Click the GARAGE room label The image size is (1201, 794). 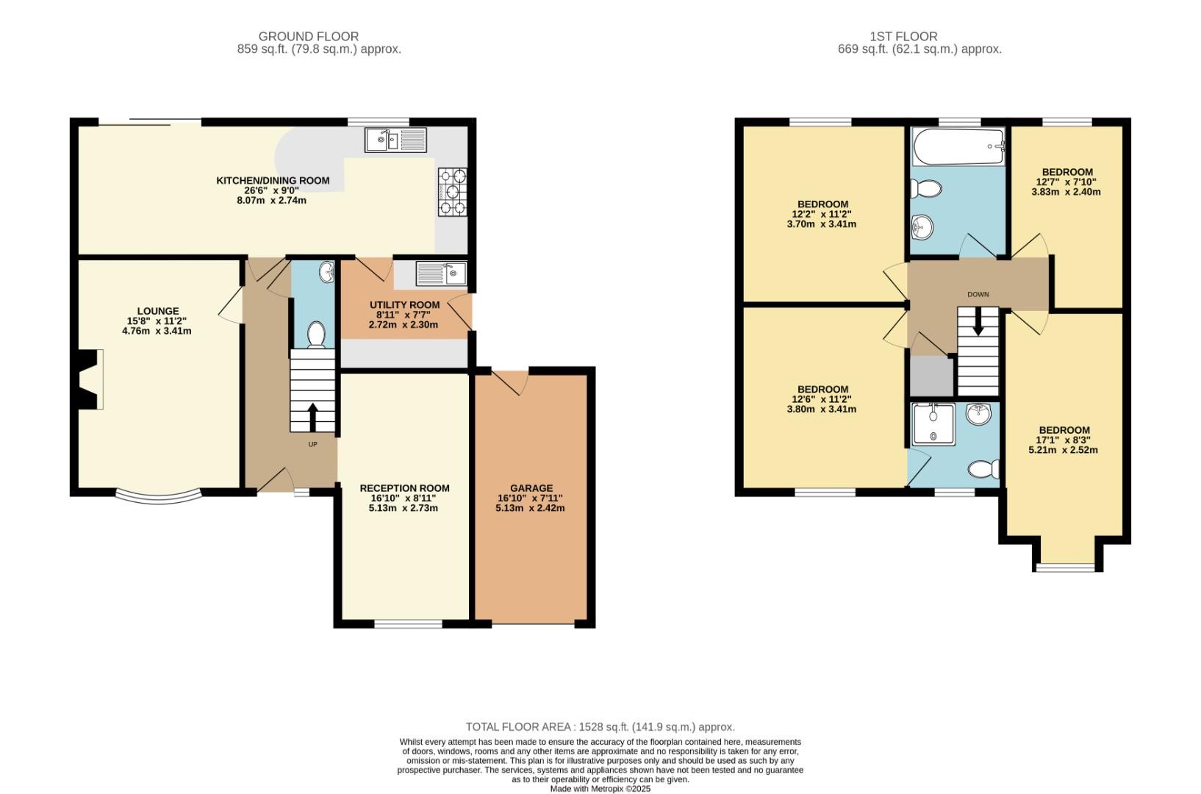click(531, 488)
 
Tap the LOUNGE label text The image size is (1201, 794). click(157, 311)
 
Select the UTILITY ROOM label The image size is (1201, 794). click(404, 304)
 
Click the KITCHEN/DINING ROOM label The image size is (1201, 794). click(273, 180)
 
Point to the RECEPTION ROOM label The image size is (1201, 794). click(404, 488)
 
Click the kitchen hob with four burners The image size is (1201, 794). click(453, 193)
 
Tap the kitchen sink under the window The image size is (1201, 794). click(395, 140)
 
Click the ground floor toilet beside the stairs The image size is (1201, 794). click(316, 335)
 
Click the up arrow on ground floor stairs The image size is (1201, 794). click(312, 417)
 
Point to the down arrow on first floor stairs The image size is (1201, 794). click(978, 322)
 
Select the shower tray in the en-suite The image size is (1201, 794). click(933, 424)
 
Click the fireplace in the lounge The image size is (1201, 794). click(90, 379)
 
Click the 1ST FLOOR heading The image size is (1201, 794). click(903, 36)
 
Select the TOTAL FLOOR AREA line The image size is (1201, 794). click(600, 726)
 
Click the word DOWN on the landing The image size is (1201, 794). click(978, 294)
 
